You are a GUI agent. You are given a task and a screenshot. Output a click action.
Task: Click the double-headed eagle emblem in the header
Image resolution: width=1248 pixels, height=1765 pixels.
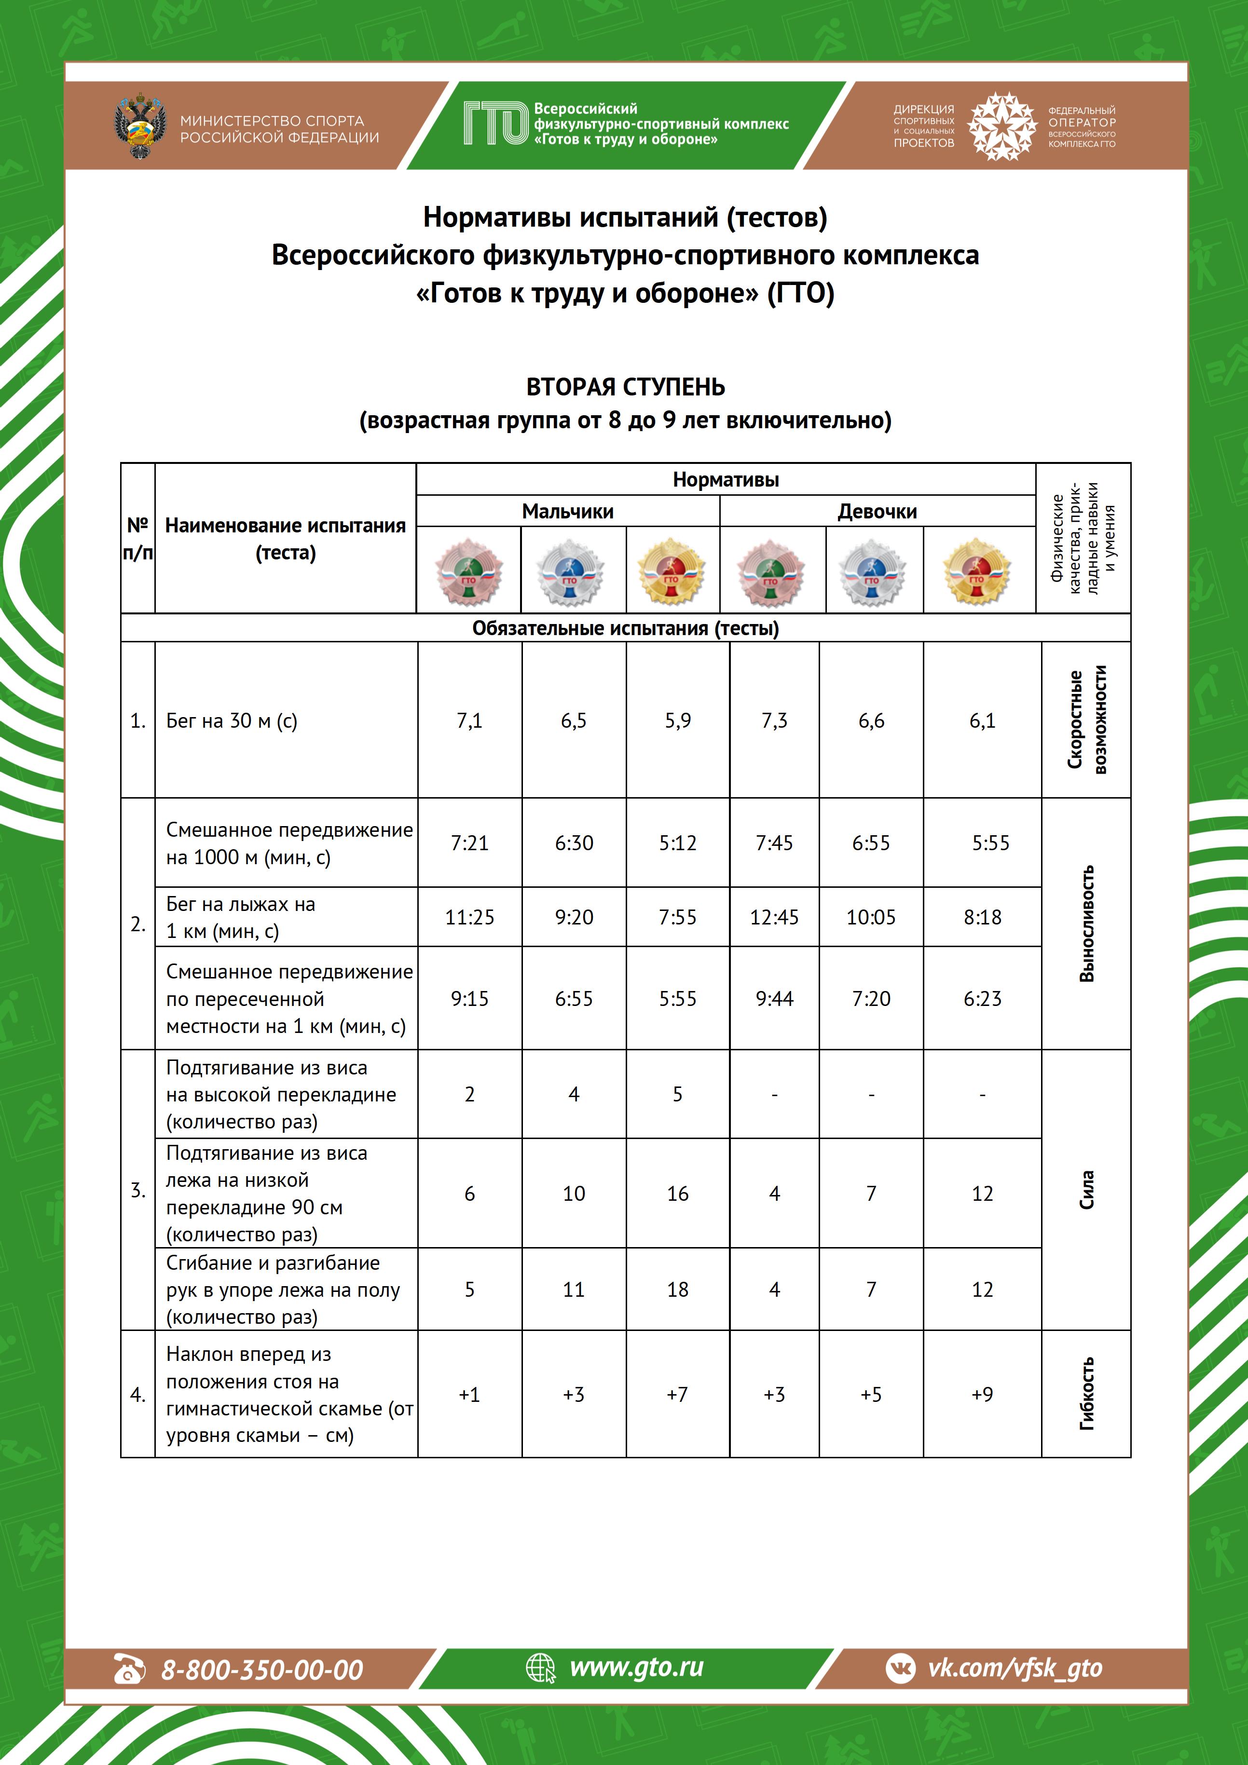coord(140,127)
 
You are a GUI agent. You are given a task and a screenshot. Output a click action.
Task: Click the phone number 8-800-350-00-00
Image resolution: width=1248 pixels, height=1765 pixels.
coord(261,1670)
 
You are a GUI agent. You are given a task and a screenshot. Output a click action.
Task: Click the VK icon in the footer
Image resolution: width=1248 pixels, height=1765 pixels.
coord(901,1669)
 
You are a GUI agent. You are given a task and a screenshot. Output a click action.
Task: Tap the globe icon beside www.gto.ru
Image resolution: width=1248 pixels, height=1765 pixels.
coord(540,1669)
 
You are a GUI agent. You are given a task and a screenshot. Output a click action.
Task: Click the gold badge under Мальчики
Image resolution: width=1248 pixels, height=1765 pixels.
coord(672,571)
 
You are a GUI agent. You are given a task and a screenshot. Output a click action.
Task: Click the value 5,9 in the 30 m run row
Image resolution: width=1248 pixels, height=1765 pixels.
coord(677,720)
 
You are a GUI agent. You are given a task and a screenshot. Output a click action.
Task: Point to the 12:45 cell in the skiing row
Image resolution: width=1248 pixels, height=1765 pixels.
coord(774,917)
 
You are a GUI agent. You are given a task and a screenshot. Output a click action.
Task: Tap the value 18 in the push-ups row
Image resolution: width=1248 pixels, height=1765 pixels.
coord(677,1289)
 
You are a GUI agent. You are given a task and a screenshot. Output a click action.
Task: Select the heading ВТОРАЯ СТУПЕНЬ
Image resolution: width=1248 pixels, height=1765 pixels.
coord(625,387)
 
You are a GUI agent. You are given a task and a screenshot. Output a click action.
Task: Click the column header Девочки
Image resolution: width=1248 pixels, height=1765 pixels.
coord(877,511)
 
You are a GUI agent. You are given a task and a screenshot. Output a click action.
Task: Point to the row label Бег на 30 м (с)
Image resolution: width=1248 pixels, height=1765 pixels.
coord(232,720)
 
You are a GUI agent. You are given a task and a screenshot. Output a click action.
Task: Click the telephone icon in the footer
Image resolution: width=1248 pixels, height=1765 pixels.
coord(129,1670)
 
